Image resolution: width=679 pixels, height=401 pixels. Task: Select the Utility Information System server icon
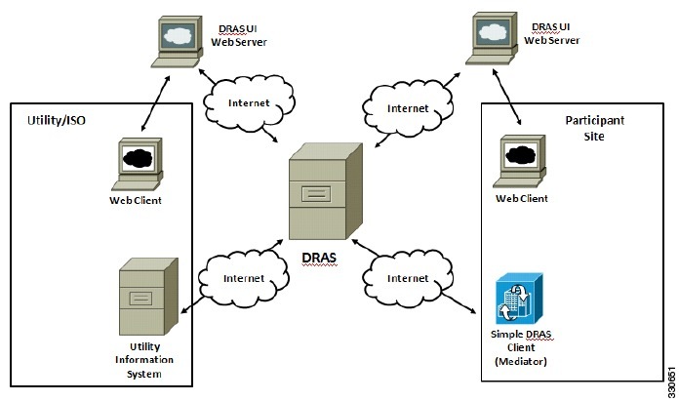147,296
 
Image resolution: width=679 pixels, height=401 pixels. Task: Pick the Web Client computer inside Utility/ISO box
137,164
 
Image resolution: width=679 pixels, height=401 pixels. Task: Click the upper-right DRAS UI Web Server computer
499,39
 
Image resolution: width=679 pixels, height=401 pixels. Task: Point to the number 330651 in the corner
669,379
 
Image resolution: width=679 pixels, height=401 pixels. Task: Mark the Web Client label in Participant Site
522,198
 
